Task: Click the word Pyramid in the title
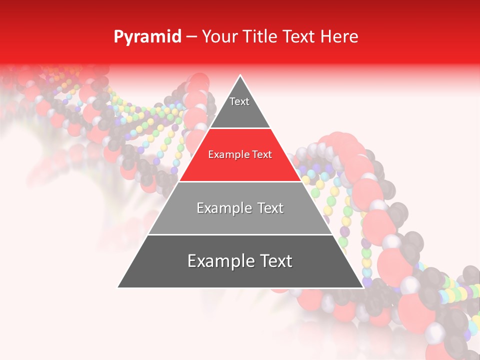point(147,37)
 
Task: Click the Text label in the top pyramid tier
point(239,101)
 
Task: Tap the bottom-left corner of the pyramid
point(118,287)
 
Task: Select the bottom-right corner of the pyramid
point(362,287)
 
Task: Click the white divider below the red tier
point(240,181)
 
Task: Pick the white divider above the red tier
point(240,128)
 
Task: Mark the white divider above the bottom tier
point(240,234)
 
